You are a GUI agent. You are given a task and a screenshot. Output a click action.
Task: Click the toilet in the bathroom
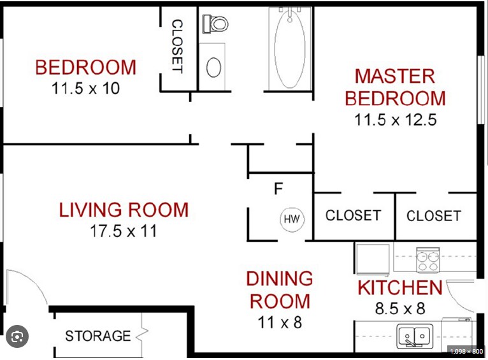[x=215, y=24]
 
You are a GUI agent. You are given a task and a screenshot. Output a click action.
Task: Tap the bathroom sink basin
[x=214, y=67]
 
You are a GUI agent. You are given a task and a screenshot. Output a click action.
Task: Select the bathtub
[x=290, y=48]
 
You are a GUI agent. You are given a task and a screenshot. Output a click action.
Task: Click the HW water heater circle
[x=292, y=219]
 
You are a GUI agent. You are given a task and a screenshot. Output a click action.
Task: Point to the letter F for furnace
[x=278, y=189]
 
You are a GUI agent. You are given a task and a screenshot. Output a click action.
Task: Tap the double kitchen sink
[x=415, y=336]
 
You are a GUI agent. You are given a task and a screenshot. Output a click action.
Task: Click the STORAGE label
[x=97, y=336]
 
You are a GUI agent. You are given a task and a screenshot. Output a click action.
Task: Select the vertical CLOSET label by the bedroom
[x=177, y=47]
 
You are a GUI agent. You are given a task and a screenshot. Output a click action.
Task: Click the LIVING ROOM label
[x=124, y=210]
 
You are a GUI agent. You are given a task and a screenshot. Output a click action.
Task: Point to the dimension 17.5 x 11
[x=123, y=231]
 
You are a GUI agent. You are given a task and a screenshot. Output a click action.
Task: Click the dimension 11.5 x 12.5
[x=395, y=120]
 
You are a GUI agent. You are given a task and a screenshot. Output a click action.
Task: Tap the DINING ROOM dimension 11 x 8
[x=280, y=322]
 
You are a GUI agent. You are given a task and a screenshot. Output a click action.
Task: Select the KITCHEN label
[x=400, y=288]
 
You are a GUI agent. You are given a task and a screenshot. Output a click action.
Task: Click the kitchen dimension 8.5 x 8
[x=400, y=308]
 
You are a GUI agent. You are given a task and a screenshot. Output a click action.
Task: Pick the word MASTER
[x=394, y=76]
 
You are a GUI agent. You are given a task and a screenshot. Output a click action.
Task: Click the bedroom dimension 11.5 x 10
[x=85, y=89]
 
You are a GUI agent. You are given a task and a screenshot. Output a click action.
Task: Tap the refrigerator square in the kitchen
[x=373, y=259]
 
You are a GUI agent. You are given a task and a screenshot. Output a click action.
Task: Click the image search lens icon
[x=17, y=336]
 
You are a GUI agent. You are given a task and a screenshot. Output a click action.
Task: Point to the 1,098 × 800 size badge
[x=466, y=351]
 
